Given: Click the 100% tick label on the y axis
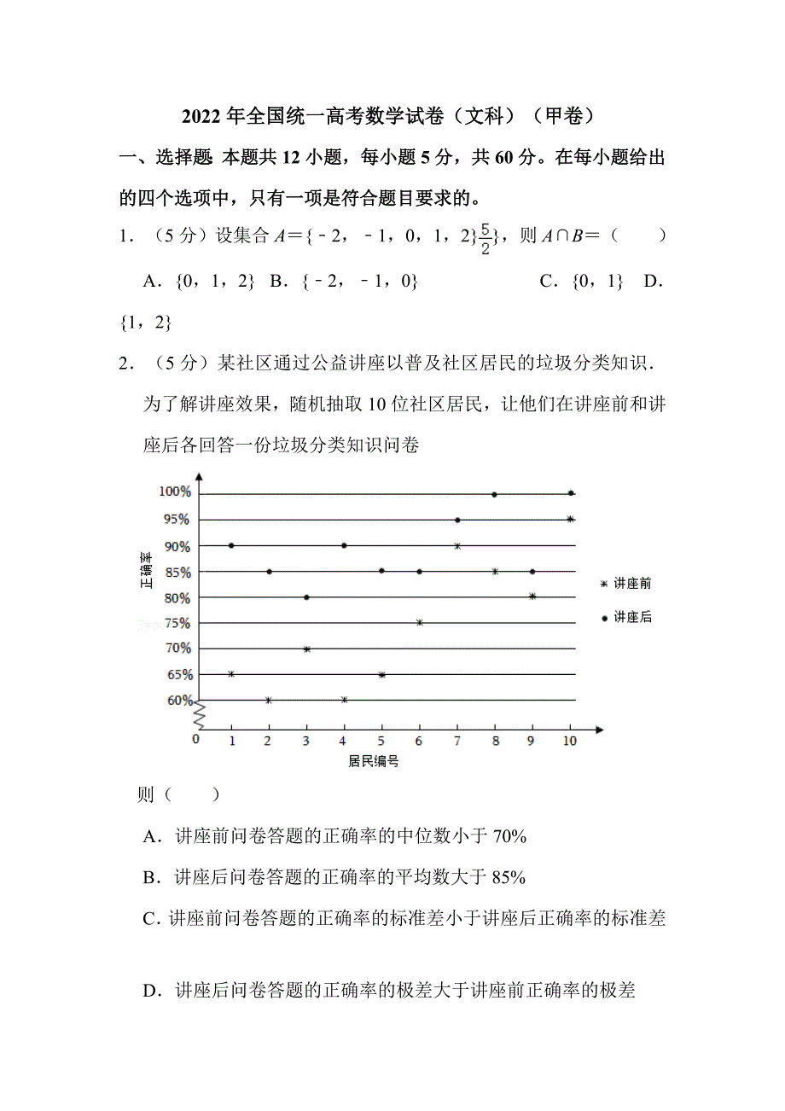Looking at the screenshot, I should pyautogui.click(x=174, y=492).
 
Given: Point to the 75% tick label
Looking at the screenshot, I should pyautogui.click(x=177, y=623).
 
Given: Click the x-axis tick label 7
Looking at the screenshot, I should pyautogui.click(x=456, y=741).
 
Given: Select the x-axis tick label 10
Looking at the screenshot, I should pyautogui.click(x=569, y=741).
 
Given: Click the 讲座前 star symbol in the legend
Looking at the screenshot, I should pyautogui.click(x=605, y=584).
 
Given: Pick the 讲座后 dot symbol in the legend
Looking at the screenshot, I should pyautogui.click(x=605, y=618).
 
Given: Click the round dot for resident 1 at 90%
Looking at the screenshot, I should pyautogui.click(x=231, y=545).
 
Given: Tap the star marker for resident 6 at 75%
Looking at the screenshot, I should pyautogui.click(x=419, y=623).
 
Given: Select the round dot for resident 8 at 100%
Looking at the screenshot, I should pyautogui.click(x=494, y=494).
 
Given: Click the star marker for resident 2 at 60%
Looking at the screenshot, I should pyautogui.click(x=269, y=701).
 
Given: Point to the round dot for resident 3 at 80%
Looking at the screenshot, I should pyautogui.click(x=306, y=597).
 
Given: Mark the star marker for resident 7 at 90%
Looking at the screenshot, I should pyautogui.click(x=457, y=545).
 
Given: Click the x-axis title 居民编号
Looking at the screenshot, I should pyautogui.click(x=374, y=760).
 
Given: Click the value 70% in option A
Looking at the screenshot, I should pyautogui.click(x=509, y=837).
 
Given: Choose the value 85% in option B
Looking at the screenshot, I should pyautogui.click(x=509, y=876).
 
